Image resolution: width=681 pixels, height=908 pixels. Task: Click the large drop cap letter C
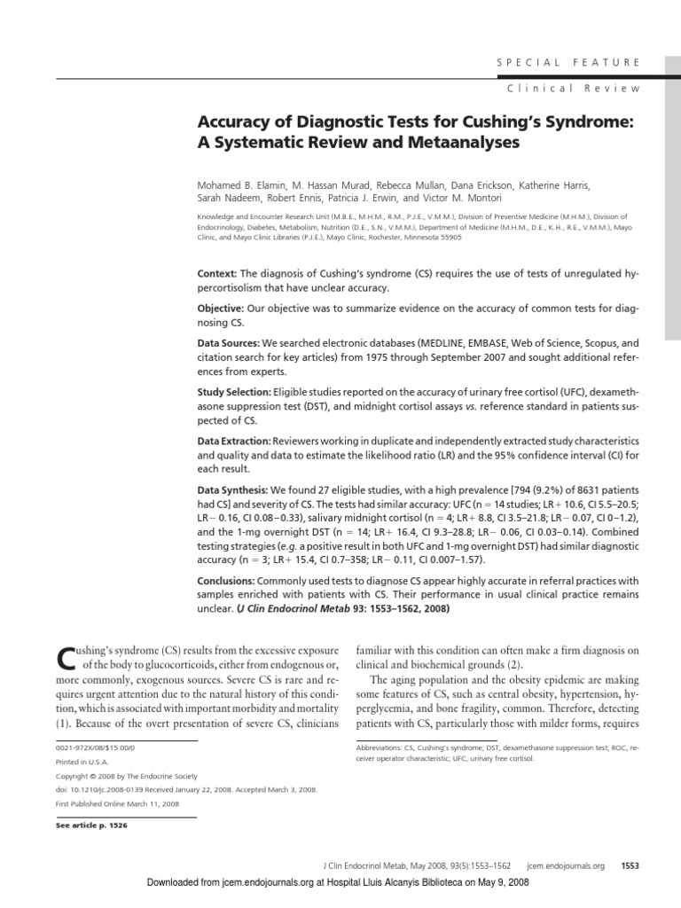click(66, 660)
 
